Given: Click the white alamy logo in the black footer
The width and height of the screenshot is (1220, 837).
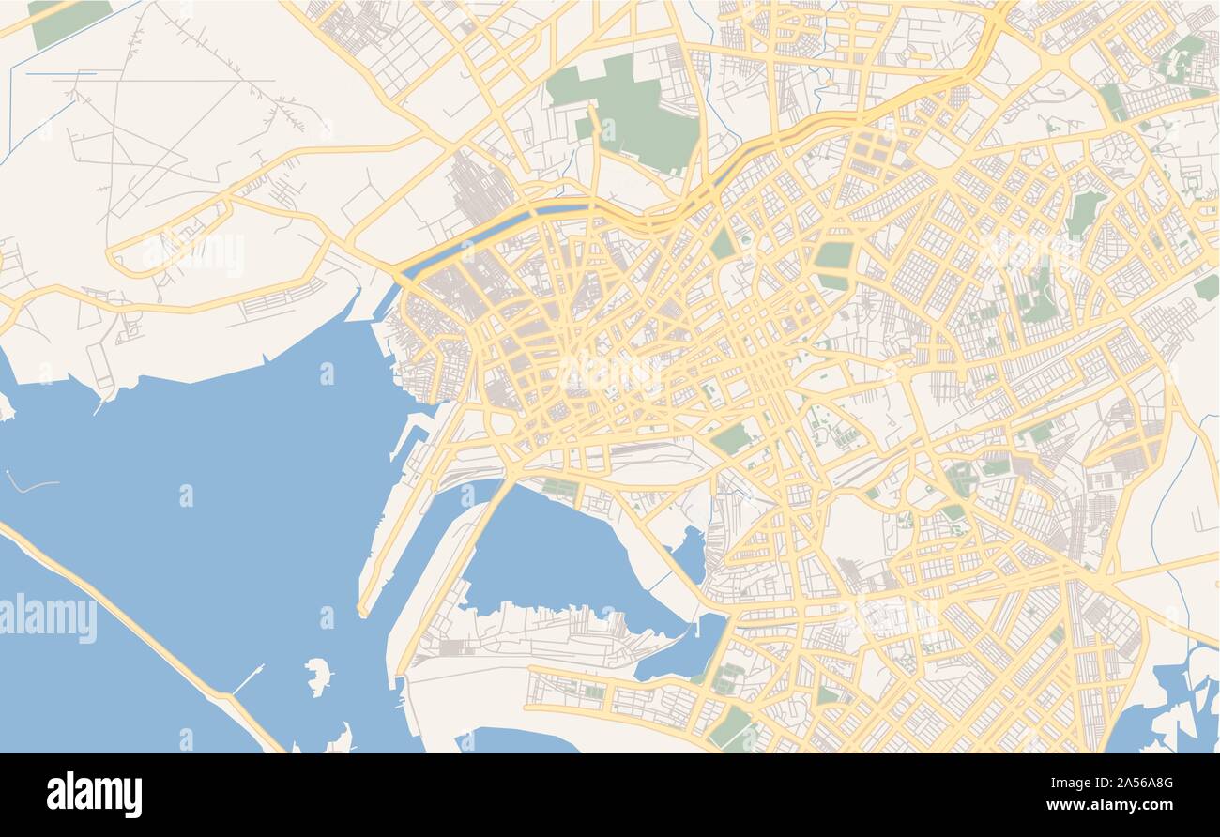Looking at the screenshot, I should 94,794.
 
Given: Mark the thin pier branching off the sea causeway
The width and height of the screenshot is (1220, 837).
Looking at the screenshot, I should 248,678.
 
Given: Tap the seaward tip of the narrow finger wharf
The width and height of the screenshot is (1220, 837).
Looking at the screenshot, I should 362,612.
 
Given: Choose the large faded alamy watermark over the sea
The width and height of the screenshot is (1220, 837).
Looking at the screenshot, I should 49,619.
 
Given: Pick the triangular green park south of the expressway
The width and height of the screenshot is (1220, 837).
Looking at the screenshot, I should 722,244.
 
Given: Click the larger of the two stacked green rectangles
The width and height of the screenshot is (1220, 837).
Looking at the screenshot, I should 833,254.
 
